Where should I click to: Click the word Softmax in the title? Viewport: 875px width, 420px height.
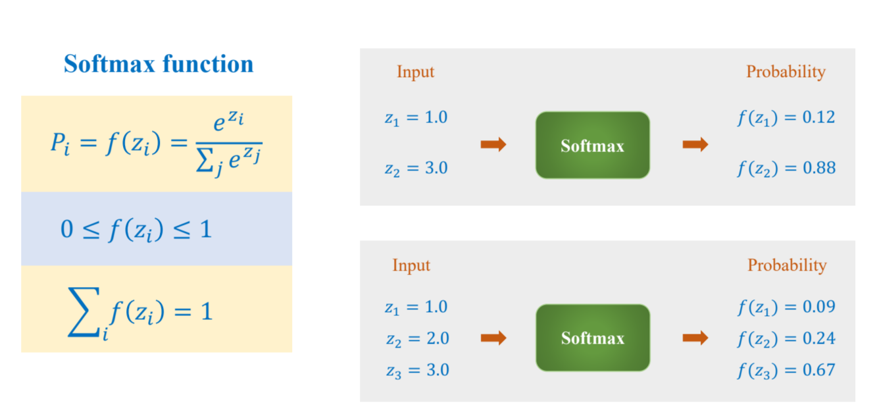tap(109, 64)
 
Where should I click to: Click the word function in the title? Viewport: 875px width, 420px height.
tap(208, 64)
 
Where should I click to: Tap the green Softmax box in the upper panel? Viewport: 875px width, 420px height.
tap(593, 145)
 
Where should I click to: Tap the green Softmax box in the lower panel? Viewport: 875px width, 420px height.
tap(593, 338)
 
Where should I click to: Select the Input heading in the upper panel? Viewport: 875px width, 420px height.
tap(415, 72)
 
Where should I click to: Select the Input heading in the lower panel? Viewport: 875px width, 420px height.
tap(411, 265)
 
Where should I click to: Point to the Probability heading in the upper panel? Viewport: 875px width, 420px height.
tap(786, 72)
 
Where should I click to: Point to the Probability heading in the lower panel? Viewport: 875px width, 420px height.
tap(787, 265)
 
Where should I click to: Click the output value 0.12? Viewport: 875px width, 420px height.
tap(818, 117)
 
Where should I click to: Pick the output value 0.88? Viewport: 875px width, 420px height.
tap(819, 168)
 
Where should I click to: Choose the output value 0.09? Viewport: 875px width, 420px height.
tap(818, 307)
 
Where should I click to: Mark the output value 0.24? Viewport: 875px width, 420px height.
tap(818, 338)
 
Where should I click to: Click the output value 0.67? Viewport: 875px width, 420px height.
tap(818, 370)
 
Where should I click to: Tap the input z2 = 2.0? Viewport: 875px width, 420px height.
tap(418, 339)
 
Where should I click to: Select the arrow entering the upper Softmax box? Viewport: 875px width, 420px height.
tap(493, 145)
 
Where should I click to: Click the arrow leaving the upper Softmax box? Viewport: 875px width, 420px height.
tap(695, 145)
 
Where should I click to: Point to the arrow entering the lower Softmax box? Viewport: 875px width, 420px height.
tap(493, 338)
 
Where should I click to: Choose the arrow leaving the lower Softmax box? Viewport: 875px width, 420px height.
tap(695, 338)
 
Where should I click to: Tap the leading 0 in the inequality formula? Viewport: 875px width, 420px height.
tap(67, 229)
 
